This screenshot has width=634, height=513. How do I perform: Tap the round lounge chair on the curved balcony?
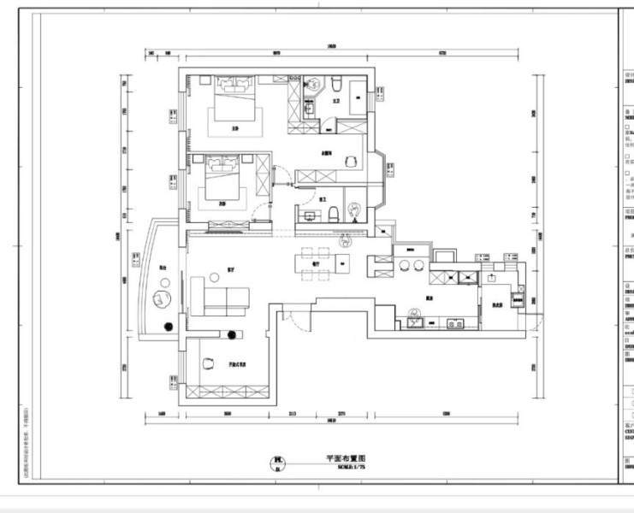tap(163, 298)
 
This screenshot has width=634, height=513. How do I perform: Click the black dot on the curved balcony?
tap(168, 325)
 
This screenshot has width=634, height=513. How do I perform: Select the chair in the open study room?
tap(207, 363)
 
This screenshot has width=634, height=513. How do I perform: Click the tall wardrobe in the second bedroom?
tap(264, 184)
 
